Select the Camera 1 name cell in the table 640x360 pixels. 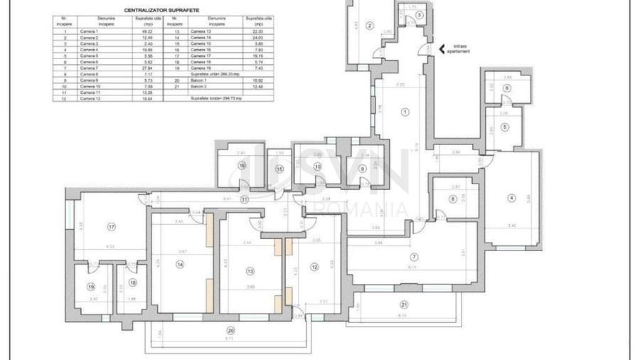coord(89,32)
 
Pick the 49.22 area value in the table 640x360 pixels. coord(144,32)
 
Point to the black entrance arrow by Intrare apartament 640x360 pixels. coord(442,49)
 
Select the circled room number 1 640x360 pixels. coord(405,112)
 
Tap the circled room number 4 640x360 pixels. coord(511,198)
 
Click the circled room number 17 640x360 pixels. coord(112,227)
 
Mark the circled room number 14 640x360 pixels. coord(180,265)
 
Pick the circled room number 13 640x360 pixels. coord(250,270)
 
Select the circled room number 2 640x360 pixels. coord(370,26)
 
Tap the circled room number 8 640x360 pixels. coord(452,200)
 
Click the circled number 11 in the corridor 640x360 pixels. coord(245,200)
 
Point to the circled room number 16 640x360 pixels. coord(242,165)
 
